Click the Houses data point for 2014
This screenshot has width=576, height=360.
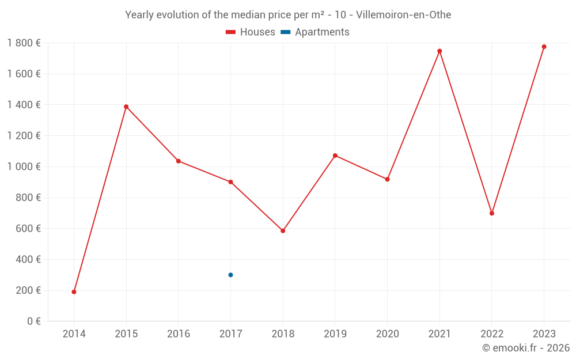[x=74, y=292]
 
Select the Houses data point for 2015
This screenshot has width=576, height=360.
[x=126, y=107]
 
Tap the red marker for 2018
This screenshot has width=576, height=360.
[x=283, y=231]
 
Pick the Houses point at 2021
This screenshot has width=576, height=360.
[x=439, y=51]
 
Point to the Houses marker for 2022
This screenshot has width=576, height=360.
[x=492, y=213]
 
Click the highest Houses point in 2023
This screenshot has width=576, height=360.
[x=544, y=47]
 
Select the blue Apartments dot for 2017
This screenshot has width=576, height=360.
[x=230, y=275]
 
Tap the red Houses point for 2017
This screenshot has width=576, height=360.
[x=230, y=182]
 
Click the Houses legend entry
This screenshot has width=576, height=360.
[x=251, y=32]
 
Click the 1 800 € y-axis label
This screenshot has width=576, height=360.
[x=24, y=43]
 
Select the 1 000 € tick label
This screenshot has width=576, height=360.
[x=24, y=167]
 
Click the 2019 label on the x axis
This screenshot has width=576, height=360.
[x=335, y=334]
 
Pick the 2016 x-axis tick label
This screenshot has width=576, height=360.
[x=179, y=334]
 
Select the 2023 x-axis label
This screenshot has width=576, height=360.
[x=544, y=334]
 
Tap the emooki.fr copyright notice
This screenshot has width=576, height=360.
[x=525, y=348]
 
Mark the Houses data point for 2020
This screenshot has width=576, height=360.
[x=387, y=179]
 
